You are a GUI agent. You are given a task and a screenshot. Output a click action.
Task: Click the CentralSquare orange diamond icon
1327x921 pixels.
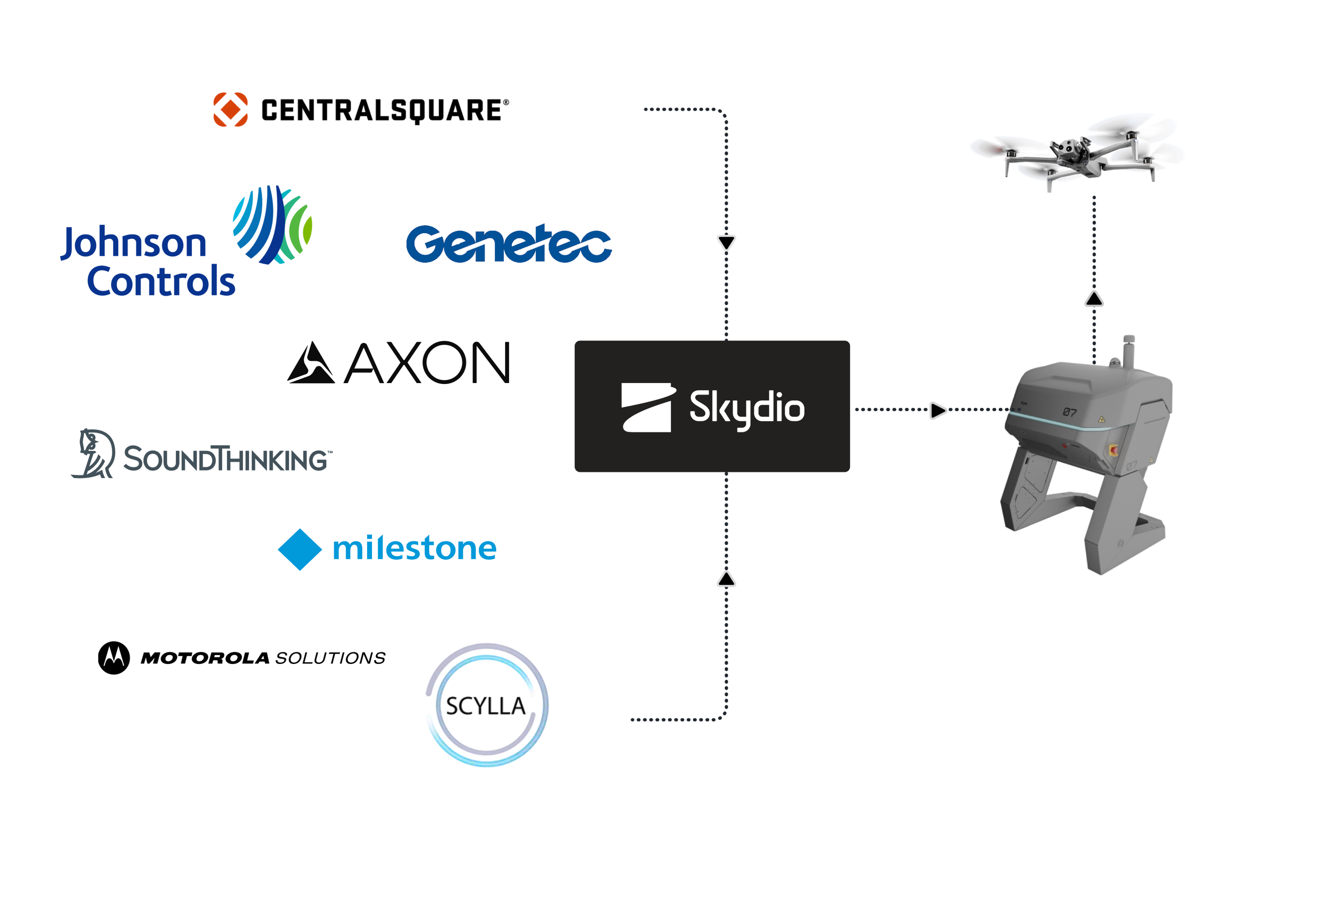click(230, 109)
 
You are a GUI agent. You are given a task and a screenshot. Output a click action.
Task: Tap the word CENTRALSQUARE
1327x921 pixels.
click(381, 110)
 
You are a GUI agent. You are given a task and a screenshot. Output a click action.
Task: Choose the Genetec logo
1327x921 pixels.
click(508, 244)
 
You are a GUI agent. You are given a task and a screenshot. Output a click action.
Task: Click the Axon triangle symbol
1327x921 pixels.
click(311, 363)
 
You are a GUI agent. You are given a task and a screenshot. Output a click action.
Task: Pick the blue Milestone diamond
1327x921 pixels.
click(300, 549)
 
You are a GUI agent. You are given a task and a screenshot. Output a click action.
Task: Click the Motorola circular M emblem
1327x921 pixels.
click(114, 658)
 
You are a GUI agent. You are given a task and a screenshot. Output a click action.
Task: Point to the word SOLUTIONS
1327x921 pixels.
click(330, 658)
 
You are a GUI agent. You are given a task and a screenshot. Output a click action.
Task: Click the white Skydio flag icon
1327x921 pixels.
click(647, 407)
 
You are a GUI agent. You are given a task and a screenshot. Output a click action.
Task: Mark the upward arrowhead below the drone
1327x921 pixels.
click(1094, 299)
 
